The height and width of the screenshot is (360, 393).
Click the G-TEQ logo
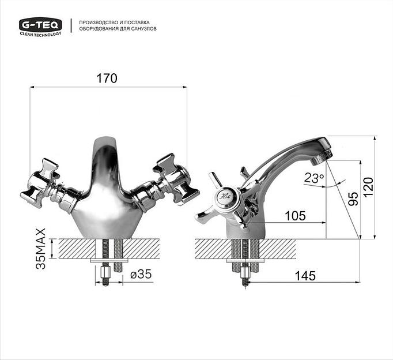40,24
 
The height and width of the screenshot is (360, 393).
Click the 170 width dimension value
107,78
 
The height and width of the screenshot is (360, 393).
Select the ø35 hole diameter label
141,275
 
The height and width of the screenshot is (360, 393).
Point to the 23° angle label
314,178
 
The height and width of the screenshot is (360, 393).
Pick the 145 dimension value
305,276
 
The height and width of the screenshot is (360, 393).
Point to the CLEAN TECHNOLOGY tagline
40,34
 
